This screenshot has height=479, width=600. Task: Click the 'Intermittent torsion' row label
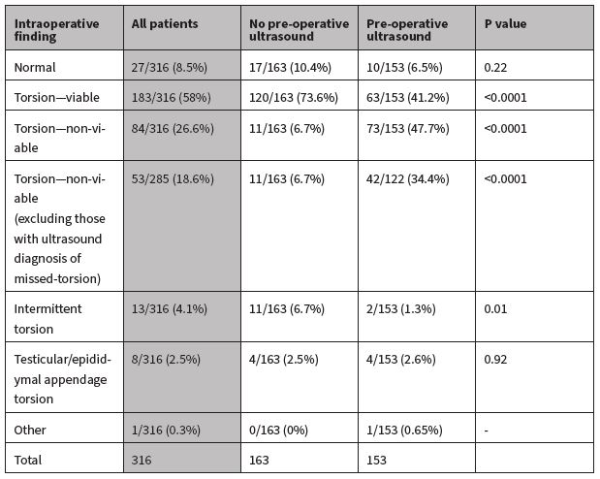click(x=48, y=316)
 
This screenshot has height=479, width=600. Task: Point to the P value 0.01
click(x=494, y=308)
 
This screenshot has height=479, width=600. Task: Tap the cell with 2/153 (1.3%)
click(x=402, y=308)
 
